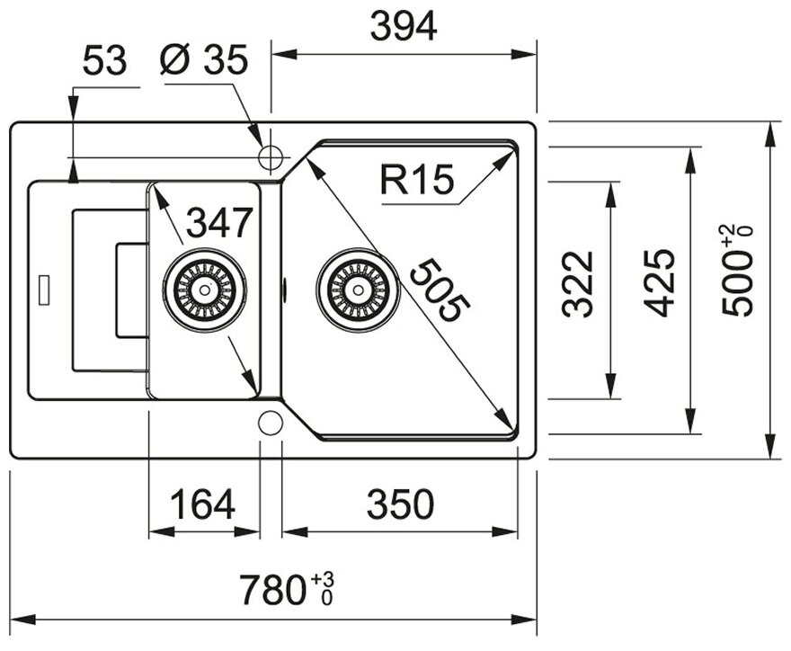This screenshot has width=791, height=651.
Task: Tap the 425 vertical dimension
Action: (660, 284)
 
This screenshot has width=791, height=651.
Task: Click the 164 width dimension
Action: (204, 505)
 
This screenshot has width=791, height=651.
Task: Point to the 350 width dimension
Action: (399, 505)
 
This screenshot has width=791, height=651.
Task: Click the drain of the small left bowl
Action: (205, 290)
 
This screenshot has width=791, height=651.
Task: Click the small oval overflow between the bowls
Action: (284, 290)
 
